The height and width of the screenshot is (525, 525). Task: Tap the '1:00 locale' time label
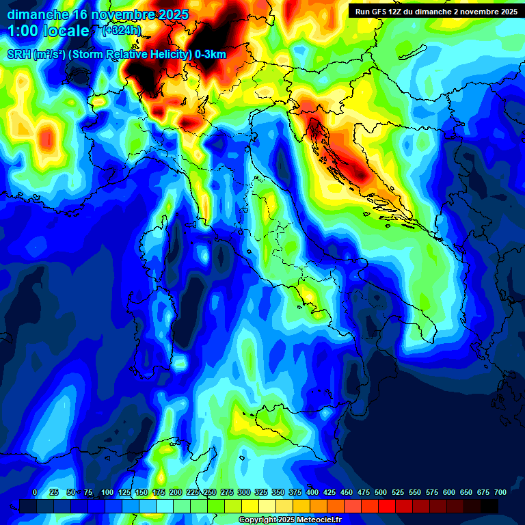click(49, 31)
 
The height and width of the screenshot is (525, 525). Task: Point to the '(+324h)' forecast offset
click(122, 30)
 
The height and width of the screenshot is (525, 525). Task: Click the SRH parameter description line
click(117, 55)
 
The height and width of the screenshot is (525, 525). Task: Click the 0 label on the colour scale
click(35, 492)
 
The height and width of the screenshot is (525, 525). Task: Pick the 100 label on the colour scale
click(107, 492)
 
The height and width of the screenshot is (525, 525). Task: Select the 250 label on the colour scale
click(209, 492)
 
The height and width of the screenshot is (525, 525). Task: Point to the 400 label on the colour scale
click(312, 492)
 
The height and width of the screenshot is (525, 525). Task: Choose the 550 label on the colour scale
click(414, 492)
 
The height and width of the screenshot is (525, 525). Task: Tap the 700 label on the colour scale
click(500, 492)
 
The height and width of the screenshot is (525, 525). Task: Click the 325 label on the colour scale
click(260, 492)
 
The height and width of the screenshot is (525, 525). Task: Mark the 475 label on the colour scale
click(363, 492)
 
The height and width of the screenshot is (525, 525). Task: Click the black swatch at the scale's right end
click(489, 506)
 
